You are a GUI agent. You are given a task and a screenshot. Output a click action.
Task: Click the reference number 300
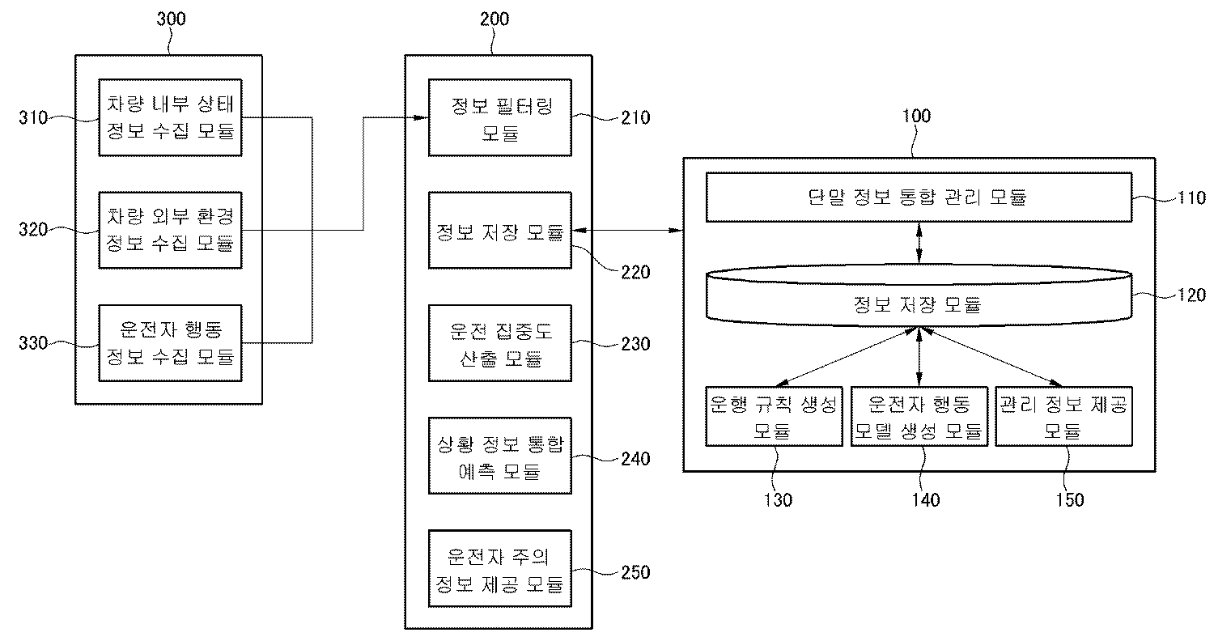pyautogui.click(x=172, y=19)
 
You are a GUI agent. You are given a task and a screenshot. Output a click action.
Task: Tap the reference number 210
pyautogui.click(x=635, y=117)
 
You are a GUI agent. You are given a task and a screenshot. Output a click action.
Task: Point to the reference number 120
pyautogui.click(x=1191, y=295)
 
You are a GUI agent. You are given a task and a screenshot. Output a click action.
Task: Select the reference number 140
pyautogui.click(x=926, y=499)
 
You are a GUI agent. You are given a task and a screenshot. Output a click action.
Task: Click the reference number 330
pyautogui.click(x=34, y=343)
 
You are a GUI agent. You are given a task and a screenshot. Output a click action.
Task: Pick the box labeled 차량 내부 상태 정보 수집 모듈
pyautogui.click(x=170, y=117)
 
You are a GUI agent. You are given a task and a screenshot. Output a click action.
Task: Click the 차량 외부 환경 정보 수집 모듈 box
pyautogui.click(x=170, y=231)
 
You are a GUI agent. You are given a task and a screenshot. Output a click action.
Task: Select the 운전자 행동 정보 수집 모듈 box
pyautogui.click(x=170, y=343)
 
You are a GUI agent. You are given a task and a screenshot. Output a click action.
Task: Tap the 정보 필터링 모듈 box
pyautogui.click(x=499, y=117)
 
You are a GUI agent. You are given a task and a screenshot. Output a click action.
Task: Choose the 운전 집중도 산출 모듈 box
pyautogui.click(x=499, y=343)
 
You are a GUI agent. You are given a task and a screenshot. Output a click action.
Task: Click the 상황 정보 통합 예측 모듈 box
pyautogui.click(x=499, y=456)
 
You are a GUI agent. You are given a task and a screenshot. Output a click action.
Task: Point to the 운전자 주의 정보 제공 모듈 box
pyautogui.click(x=499, y=568)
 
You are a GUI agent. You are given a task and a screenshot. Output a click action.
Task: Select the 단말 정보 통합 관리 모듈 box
pyautogui.click(x=919, y=197)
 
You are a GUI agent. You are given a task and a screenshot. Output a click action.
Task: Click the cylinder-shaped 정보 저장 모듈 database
pyautogui.click(x=919, y=296)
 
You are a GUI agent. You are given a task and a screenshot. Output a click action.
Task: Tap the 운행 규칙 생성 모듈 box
pyautogui.click(x=774, y=416)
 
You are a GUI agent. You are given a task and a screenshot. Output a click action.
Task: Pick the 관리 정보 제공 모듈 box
pyautogui.click(x=1063, y=416)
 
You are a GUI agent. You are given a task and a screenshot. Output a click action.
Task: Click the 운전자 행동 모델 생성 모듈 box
pyautogui.click(x=919, y=416)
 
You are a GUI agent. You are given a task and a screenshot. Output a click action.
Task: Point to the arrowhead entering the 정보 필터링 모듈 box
pyautogui.click(x=422, y=117)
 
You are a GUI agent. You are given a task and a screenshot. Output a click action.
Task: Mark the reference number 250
pyautogui.click(x=635, y=572)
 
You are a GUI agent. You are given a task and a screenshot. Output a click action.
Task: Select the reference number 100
pyautogui.click(x=916, y=116)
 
